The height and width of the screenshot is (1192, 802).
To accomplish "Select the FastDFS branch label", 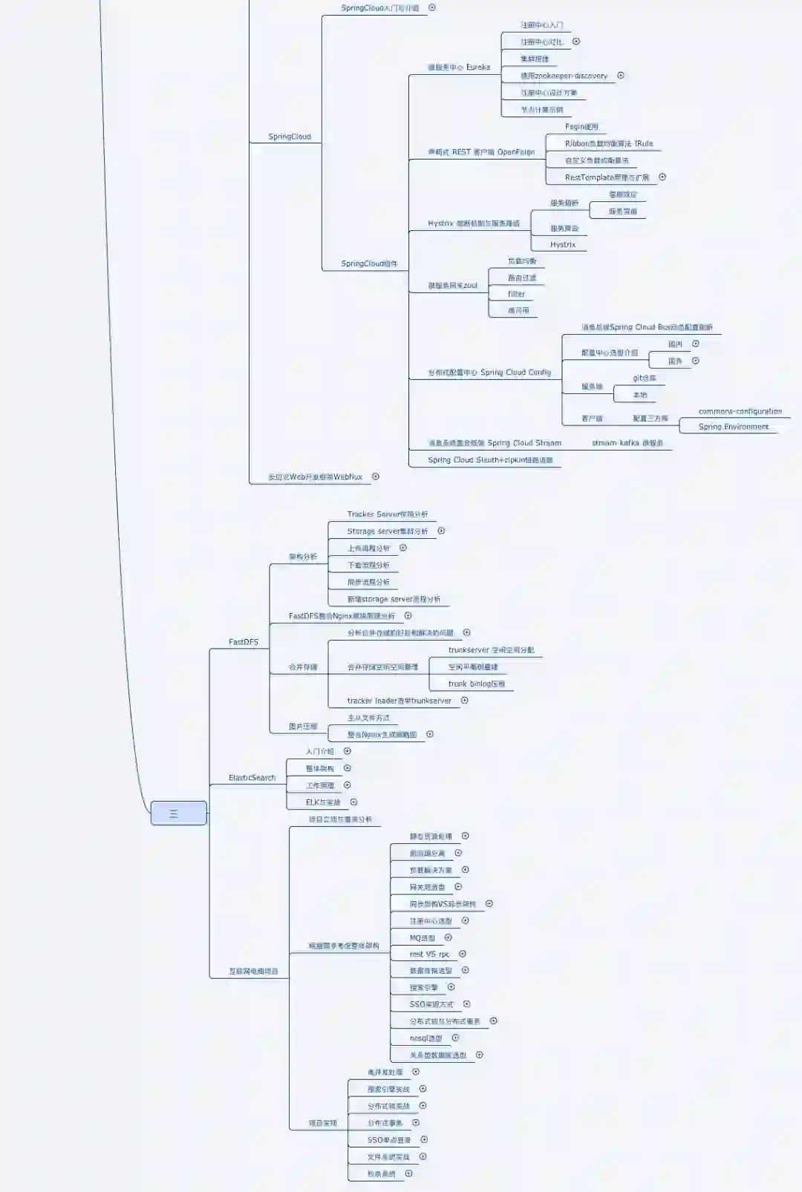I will pos(244,642).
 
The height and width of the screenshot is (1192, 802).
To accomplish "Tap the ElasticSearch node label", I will pos(252,778).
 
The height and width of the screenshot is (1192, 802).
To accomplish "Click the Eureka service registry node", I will pos(458,68).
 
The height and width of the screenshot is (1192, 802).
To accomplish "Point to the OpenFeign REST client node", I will pos(481,152).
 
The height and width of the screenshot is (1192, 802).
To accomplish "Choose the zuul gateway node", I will pos(452,286).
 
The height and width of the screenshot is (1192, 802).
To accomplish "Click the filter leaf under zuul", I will pos(516,295).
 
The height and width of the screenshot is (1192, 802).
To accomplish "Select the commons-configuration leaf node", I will pos(740,411).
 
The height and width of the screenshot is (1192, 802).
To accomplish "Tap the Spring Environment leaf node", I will pos(733,427).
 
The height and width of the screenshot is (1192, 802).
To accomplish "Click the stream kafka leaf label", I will pos(627,443).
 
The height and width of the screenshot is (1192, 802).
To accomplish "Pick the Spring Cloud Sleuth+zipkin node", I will pos(490,460).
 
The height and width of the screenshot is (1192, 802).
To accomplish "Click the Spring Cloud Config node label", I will pos(489,373).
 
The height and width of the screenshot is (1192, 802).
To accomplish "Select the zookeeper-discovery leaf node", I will pos(564,76).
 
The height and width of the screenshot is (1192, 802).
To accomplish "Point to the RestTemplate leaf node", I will pos(607,177).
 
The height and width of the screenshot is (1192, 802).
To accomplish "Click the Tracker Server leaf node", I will pos(387,514).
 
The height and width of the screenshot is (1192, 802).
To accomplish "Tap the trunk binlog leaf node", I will pos(476,684).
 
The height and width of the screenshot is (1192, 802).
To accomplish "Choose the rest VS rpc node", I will pos(429,954).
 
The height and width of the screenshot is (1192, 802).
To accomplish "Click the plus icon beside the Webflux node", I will pos(376,477).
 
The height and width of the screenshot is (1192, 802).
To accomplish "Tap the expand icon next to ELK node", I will pos(353,802).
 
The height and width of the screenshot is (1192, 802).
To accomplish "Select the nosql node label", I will pos(426,1038).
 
